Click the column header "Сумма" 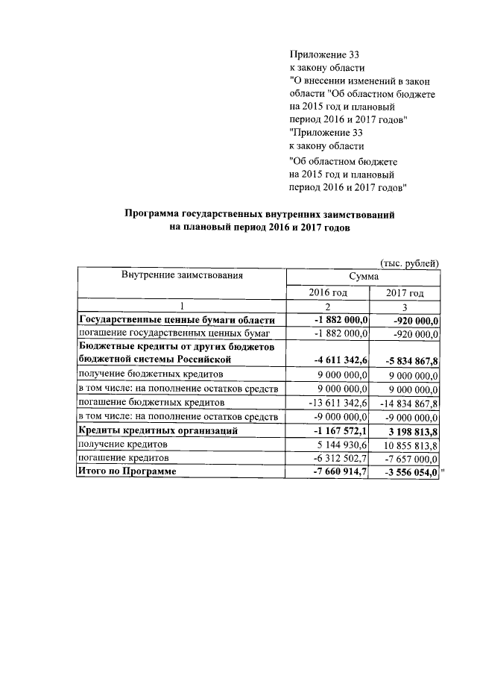(364, 277)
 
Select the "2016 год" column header (328, 293)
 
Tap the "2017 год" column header (405, 293)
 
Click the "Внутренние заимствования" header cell (182, 276)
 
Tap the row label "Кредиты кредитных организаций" (158, 430)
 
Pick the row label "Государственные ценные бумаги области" (171, 319)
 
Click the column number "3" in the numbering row (405, 307)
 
